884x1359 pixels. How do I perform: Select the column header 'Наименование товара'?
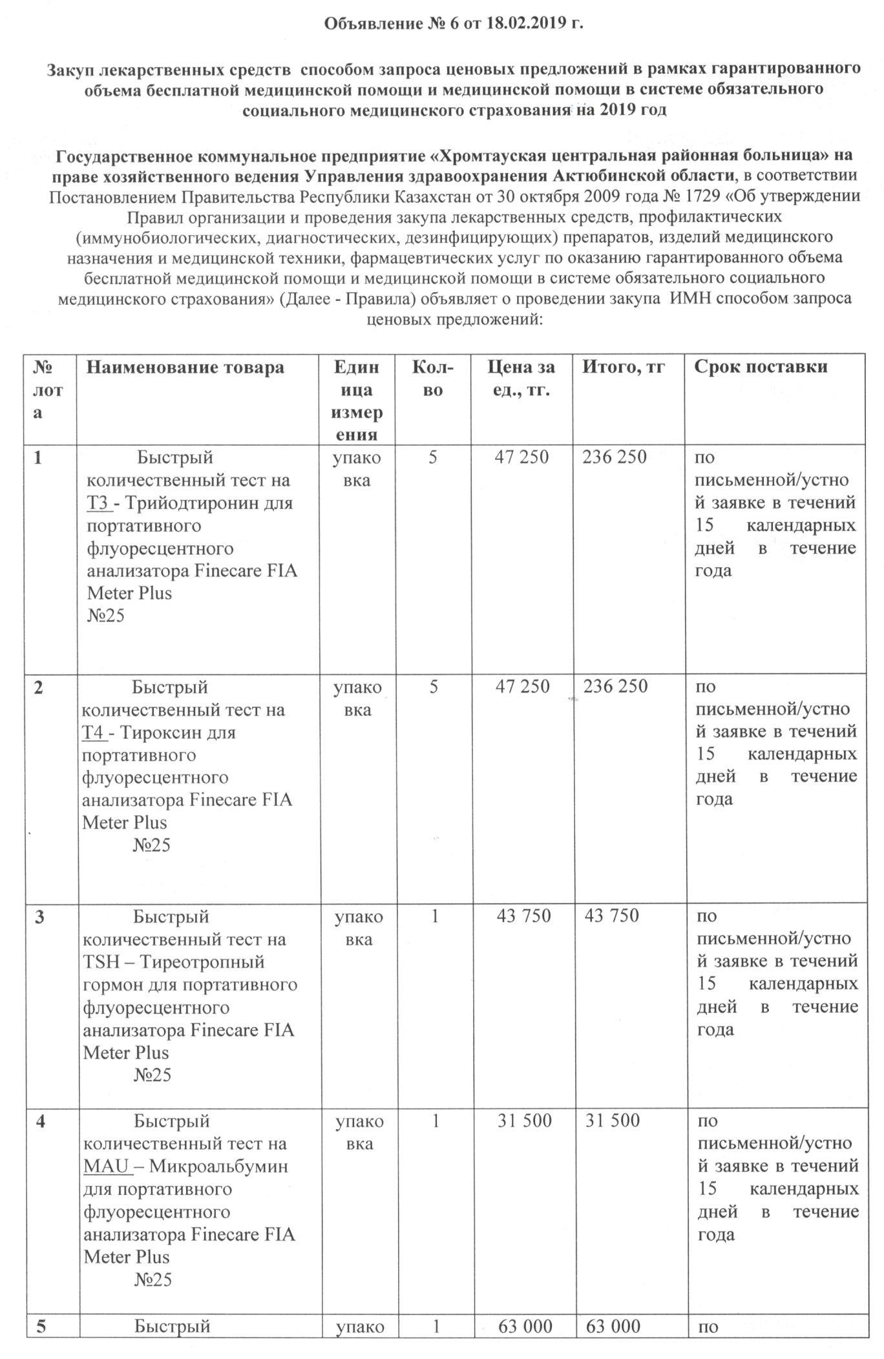coord(185,367)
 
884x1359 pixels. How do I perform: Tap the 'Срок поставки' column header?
coord(761,366)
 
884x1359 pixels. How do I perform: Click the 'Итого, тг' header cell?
coord(624,366)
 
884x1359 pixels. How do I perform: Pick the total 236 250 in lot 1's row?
coord(614,457)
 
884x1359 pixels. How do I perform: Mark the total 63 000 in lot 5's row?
coord(613,1326)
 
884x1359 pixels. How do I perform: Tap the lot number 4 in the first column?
coord(41,1121)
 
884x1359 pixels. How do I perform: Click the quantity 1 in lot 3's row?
coord(434,915)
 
